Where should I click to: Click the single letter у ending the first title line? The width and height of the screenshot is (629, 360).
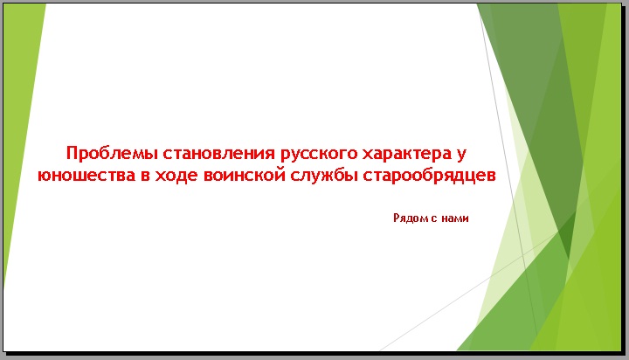tap(461, 156)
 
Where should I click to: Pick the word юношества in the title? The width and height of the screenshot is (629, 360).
tap(86, 176)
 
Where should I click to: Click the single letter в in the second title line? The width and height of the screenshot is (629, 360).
tap(145, 176)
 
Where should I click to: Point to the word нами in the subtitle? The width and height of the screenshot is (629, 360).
tap(455, 218)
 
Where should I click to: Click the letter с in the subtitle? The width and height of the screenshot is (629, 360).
tap(433, 218)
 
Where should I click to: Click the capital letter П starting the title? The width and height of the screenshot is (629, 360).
tap(72, 153)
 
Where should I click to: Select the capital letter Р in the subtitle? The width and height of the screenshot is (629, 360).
tap(397, 218)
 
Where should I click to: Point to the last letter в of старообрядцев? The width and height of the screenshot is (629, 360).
tap(491, 177)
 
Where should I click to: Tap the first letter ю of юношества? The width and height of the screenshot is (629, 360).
tap(45, 177)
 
